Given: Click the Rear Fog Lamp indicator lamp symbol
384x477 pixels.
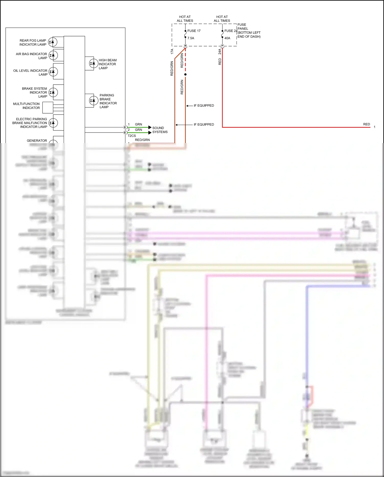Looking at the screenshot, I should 53,42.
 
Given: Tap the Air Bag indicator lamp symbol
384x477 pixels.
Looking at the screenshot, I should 53,55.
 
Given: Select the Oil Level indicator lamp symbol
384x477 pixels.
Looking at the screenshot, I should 53,72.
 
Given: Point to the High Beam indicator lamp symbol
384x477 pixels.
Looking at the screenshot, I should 93,63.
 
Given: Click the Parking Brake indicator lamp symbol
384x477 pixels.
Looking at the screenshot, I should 93,100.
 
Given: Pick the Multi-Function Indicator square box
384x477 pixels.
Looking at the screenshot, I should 48,107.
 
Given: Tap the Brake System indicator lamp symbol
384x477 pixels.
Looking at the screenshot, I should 53,92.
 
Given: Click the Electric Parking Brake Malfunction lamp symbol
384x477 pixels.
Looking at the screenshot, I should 53,123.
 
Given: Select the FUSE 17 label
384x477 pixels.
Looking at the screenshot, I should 194,31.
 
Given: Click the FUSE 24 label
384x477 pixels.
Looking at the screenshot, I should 231,31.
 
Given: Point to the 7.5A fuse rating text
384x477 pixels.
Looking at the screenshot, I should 191,38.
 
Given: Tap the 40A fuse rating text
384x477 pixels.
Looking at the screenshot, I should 227,38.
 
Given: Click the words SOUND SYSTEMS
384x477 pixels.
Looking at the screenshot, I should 160,130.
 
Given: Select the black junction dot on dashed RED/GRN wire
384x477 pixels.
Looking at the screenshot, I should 185,74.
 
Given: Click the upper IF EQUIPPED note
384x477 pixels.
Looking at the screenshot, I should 204,106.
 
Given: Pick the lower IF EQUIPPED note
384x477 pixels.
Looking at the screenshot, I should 204,125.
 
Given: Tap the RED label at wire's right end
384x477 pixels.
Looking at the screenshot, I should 366,124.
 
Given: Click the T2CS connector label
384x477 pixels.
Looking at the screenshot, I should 132,136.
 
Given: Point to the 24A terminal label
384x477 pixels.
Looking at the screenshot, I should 220,52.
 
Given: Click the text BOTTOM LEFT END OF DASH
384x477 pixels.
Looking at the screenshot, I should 249,35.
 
